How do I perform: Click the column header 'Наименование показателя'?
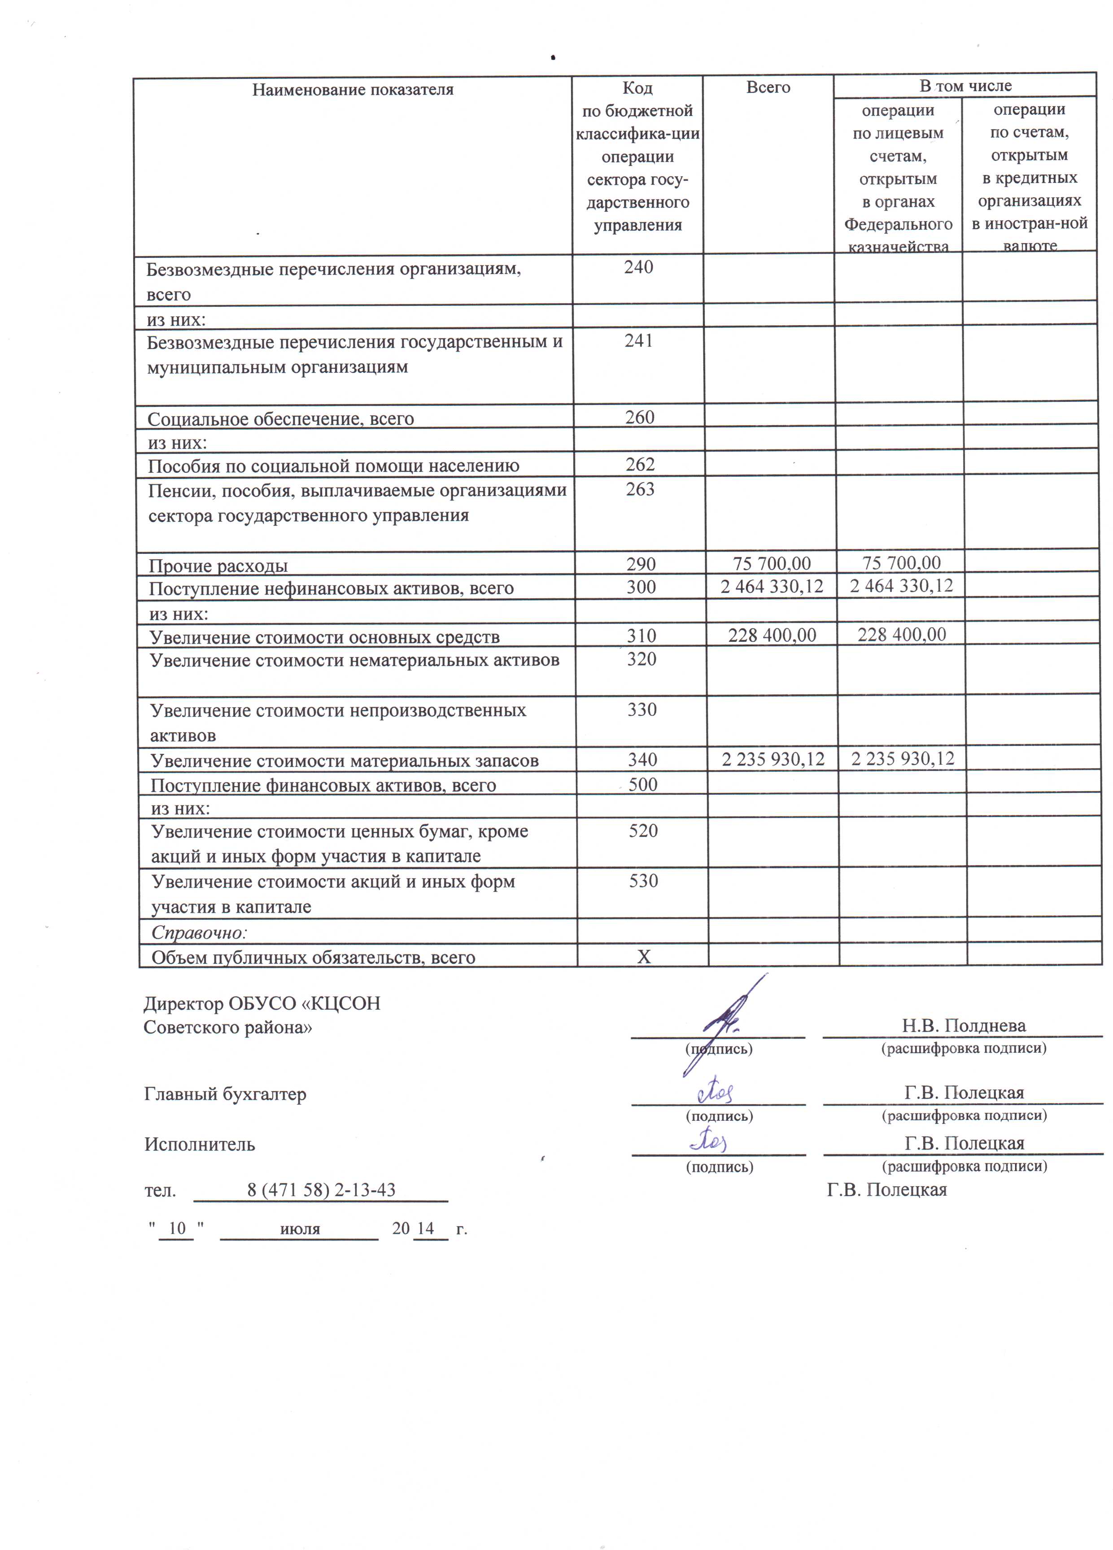click(x=353, y=90)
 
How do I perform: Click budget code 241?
click(x=638, y=340)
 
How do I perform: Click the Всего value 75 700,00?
click(x=772, y=564)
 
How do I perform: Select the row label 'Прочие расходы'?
click(x=218, y=566)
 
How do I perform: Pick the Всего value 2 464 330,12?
click(x=772, y=586)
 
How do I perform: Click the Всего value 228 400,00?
click(x=772, y=636)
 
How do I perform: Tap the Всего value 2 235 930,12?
click(x=773, y=759)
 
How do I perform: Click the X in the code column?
click(x=643, y=957)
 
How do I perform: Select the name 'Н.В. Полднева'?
click(x=963, y=1026)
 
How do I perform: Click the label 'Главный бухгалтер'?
click(x=225, y=1094)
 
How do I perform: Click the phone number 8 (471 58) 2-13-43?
click(x=321, y=1190)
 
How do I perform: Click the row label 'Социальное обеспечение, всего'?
click(x=280, y=419)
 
